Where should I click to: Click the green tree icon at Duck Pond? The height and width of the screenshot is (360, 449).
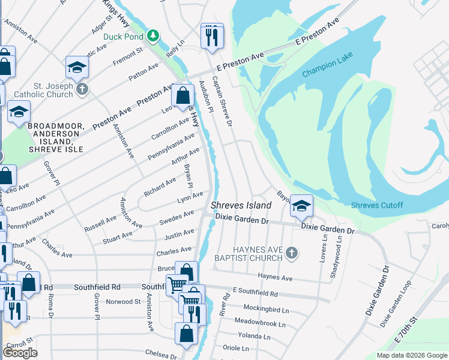coord(154,35)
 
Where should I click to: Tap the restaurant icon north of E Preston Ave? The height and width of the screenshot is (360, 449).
coord(211,37)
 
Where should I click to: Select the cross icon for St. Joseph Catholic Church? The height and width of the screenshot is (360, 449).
coord(82,89)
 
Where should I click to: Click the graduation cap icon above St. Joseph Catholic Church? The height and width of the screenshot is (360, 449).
coord(77,68)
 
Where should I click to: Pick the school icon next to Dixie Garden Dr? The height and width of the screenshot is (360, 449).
coord(301,207)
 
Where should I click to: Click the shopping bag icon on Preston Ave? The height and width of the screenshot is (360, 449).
coord(182,95)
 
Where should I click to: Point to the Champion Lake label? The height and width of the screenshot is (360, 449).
coord(328,65)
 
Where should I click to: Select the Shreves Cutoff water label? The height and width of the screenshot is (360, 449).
coord(376,205)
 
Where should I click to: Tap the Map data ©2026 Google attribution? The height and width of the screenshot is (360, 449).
coord(412,355)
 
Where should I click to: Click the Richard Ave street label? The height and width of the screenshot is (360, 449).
coord(159,187)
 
